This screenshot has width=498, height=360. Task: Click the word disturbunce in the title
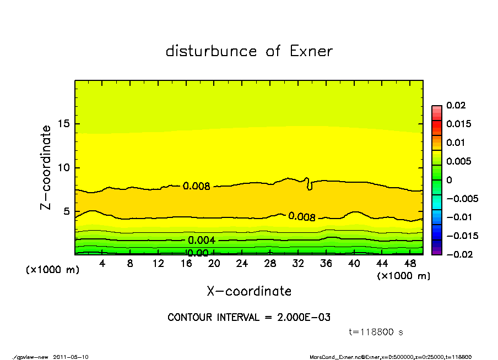pos(212,51)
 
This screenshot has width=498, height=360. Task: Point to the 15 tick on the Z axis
pos(64,124)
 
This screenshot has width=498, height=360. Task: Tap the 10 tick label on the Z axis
pos(64,168)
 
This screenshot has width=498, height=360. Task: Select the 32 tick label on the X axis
pos(298,264)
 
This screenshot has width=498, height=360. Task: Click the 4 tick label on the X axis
pos(102,264)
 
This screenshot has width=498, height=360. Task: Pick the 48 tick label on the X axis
pos(410,264)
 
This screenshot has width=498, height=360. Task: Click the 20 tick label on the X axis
pos(214,264)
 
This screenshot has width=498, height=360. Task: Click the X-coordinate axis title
pos(249,291)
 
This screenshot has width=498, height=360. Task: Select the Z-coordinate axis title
pos(46,167)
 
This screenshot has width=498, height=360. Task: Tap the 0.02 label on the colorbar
pos(456,105)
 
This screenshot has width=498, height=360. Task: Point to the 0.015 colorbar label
pos(459,124)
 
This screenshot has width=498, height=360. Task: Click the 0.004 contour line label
pos(201,241)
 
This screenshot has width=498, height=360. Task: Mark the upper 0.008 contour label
pos(197,186)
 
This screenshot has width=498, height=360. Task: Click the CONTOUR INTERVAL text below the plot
pos(249,318)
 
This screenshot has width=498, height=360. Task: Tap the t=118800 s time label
pos(376,332)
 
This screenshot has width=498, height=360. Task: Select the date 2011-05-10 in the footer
pos(71,357)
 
